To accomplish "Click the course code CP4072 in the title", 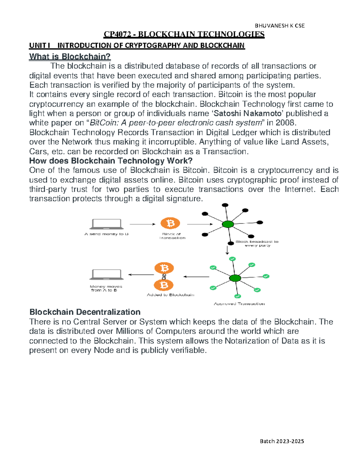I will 117,35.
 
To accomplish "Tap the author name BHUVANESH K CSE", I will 280,26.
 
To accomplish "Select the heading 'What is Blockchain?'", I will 70,56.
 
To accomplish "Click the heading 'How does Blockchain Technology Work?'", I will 111,161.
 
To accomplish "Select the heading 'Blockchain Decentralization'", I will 85,312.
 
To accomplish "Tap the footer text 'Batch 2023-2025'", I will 282,441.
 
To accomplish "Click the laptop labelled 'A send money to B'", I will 106,224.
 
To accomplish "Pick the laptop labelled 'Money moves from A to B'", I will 106,274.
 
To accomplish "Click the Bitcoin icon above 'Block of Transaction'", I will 170,224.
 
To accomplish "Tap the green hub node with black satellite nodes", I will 228,224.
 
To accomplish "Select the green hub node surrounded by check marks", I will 235,278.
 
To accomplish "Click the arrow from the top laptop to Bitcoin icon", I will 142,224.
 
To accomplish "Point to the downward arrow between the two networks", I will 227,250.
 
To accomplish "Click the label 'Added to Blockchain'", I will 170,295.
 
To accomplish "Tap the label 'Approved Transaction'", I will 239,304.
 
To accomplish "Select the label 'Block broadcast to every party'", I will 257,243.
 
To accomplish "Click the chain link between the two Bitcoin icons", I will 164,276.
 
